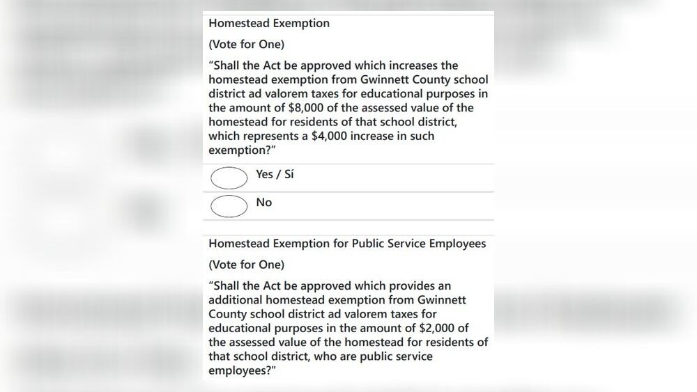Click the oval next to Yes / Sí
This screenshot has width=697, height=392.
(x=229, y=178)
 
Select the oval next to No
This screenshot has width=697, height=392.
(x=229, y=206)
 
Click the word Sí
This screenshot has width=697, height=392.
(x=287, y=175)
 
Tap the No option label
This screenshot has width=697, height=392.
(x=264, y=203)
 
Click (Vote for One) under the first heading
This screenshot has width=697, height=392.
(x=246, y=45)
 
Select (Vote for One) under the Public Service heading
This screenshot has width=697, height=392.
(x=246, y=265)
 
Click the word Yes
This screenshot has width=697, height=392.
(x=265, y=175)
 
